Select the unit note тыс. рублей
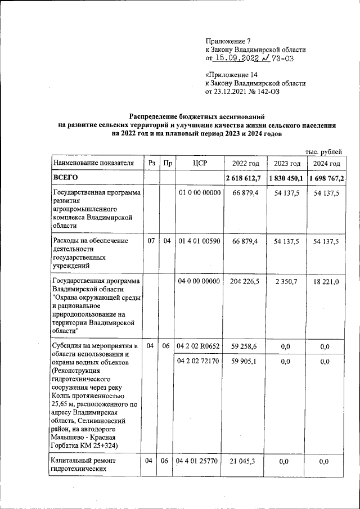[x=323, y=152]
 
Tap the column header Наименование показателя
[x=93, y=164]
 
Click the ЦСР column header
[x=200, y=164]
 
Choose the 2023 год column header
[x=287, y=164]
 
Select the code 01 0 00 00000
[x=200, y=193]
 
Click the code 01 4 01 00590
[x=200, y=241]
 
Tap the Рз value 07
[x=151, y=241]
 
